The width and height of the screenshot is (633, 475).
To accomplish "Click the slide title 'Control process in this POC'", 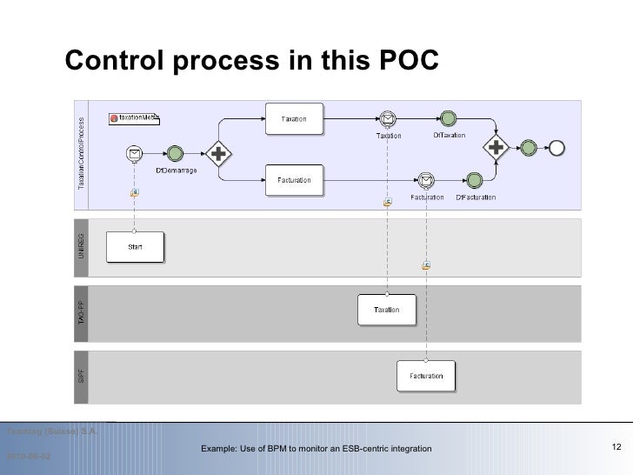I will pos(253,62).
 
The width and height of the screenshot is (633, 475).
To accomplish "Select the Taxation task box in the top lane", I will pos(293,119).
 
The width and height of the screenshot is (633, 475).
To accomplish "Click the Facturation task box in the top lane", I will pos(293,180).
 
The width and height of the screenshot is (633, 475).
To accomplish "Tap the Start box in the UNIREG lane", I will pos(135,246).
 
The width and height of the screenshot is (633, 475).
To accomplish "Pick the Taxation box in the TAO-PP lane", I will pos(387,310).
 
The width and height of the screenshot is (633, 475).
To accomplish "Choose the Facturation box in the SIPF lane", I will pos(426,376).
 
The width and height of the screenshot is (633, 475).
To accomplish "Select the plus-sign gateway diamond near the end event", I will pos(497,148).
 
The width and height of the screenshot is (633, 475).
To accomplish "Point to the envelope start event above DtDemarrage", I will pos(135,154).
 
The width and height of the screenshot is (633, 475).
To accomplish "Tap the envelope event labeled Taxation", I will pos(388,119).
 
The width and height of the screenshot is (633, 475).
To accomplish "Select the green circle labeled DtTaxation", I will pos(449,118).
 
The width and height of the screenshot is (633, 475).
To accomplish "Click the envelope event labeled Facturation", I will pos(426,180).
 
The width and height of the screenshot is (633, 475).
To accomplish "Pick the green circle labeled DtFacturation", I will pos(475,180).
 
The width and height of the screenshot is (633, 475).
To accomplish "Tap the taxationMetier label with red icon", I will pos(134,117).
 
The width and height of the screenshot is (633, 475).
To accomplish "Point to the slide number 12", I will pos(616,447).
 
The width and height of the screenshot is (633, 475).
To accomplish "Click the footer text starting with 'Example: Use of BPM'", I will pos(316,448).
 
